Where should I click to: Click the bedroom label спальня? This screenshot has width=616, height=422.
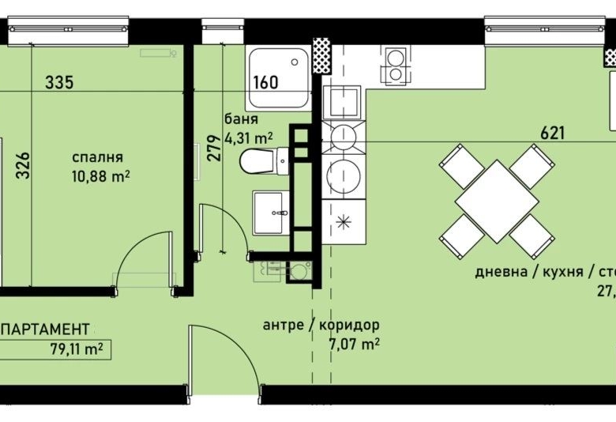tap(99, 156)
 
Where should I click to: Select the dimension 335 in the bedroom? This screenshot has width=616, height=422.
tap(64, 82)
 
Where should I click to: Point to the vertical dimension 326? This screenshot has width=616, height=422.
tap(23, 165)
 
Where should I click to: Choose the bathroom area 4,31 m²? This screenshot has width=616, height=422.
tap(250, 138)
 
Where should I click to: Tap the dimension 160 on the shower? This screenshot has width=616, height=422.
tap(266, 81)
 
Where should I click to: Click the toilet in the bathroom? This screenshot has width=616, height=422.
tap(257, 162)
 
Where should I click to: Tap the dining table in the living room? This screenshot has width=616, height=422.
tap(497, 201)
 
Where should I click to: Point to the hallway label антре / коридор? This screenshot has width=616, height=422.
tap(321, 325)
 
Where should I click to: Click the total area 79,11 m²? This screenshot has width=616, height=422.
tap(76, 347)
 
